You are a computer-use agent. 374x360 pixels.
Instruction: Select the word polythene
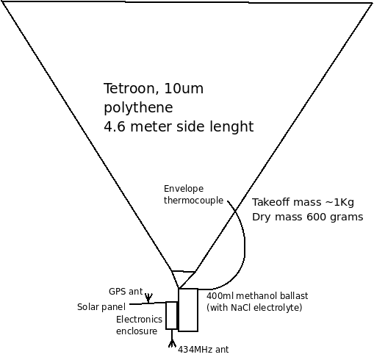(138, 108)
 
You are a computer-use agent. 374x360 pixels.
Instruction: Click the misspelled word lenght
(232, 126)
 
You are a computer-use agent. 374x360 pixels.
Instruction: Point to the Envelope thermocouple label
(193, 195)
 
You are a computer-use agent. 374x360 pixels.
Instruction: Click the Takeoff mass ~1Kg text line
(303, 202)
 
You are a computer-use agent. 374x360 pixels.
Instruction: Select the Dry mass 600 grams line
(308, 217)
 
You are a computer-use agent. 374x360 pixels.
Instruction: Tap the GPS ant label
(126, 292)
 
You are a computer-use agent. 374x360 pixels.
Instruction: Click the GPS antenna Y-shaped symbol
(148, 298)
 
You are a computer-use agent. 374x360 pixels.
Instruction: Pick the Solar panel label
(101, 307)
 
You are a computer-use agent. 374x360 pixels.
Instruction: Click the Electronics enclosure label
(139, 325)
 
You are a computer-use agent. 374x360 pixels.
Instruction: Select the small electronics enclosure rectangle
(171, 315)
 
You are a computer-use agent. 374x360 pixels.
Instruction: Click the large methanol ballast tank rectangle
(188, 310)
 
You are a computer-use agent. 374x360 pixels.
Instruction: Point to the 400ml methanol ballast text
(257, 296)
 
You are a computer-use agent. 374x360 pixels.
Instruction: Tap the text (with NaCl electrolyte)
(254, 307)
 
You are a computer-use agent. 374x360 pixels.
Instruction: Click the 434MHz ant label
(204, 350)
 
